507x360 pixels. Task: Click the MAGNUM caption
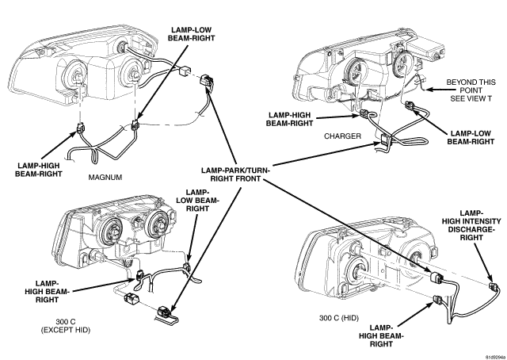pyautogui.click(x=105, y=178)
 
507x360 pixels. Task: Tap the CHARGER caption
pyautogui.click(x=342, y=136)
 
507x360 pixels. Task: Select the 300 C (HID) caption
pyautogui.click(x=339, y=318)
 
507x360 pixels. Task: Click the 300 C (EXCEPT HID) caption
pyautogui.click(x=66, y=326)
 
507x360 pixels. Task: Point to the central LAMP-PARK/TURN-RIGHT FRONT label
pyautogui.click(x=235, y=174)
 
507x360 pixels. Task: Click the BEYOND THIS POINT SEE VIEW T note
pyautogui.click(x=471, y=90)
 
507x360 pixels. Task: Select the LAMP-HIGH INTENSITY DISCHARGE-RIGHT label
pyautogui.click(x=471, y=225)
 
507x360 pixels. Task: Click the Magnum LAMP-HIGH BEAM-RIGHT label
pyautogui.click(x=39, y=170)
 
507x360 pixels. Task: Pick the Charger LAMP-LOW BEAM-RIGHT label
pyautogui.click(x=471, y=138)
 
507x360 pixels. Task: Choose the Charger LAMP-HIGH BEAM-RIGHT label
pyautogui.click(x=289, y=119)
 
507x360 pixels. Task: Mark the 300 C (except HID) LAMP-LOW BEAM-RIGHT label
pyautogui.click(x=197, y=201)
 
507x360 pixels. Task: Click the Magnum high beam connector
pyautogui.click(x=80, y=129)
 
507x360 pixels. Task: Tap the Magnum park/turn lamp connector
pyautogui.click(x=206, y=81)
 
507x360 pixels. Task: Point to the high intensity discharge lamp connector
pyautogui.click(x=494, y=287)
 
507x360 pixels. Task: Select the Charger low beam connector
pyautogui.click(x=410, y=105)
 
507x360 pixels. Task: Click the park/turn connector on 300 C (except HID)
pyautogui.click(x=164, y=312)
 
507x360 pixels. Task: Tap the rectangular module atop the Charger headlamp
pyautogui.click(x=425, y=48)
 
